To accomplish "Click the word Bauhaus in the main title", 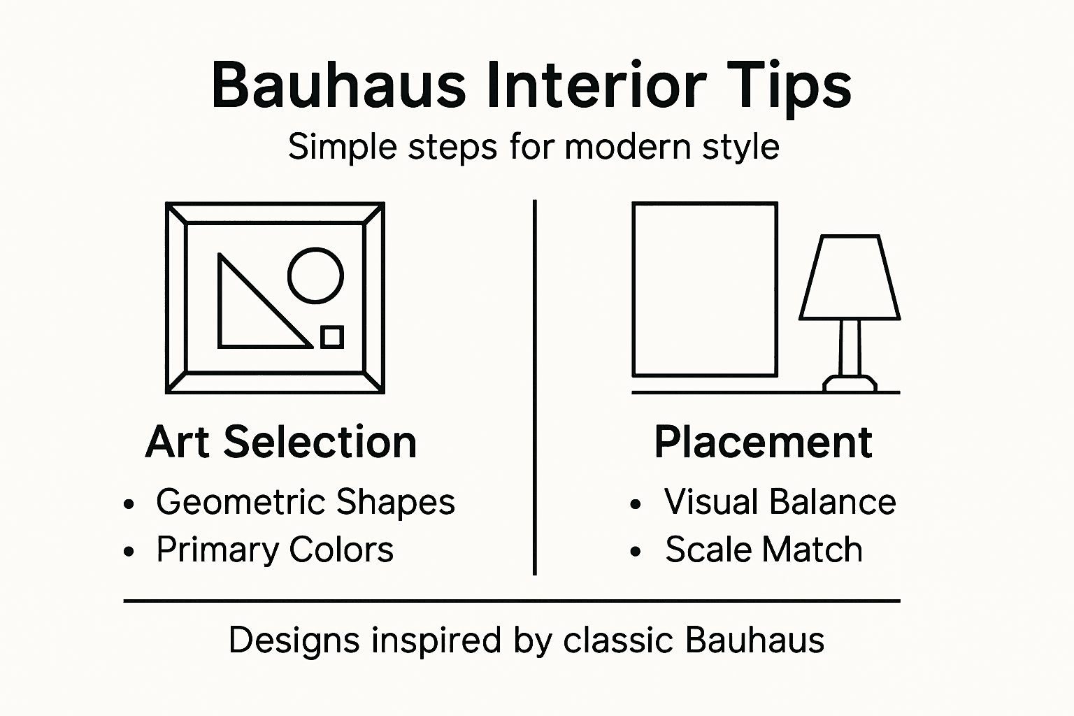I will coord(338,85).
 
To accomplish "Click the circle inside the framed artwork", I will coord(315,275).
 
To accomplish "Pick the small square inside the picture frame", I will coord(332,337).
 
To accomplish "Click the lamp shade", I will coord(849,278).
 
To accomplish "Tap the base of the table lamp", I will coord(850,383).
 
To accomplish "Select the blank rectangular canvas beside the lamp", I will coord(705,289).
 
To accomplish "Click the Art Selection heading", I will coord(281,442).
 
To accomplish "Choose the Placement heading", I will coord(763,442).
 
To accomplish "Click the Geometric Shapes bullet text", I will coord(306,502).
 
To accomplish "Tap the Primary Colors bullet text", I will coord(275,550).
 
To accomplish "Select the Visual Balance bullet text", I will coord(780,502).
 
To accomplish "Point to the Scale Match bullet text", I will coord(764,550).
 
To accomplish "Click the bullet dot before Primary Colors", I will coord(129,552).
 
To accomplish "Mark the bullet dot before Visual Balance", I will coord(635,504).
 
